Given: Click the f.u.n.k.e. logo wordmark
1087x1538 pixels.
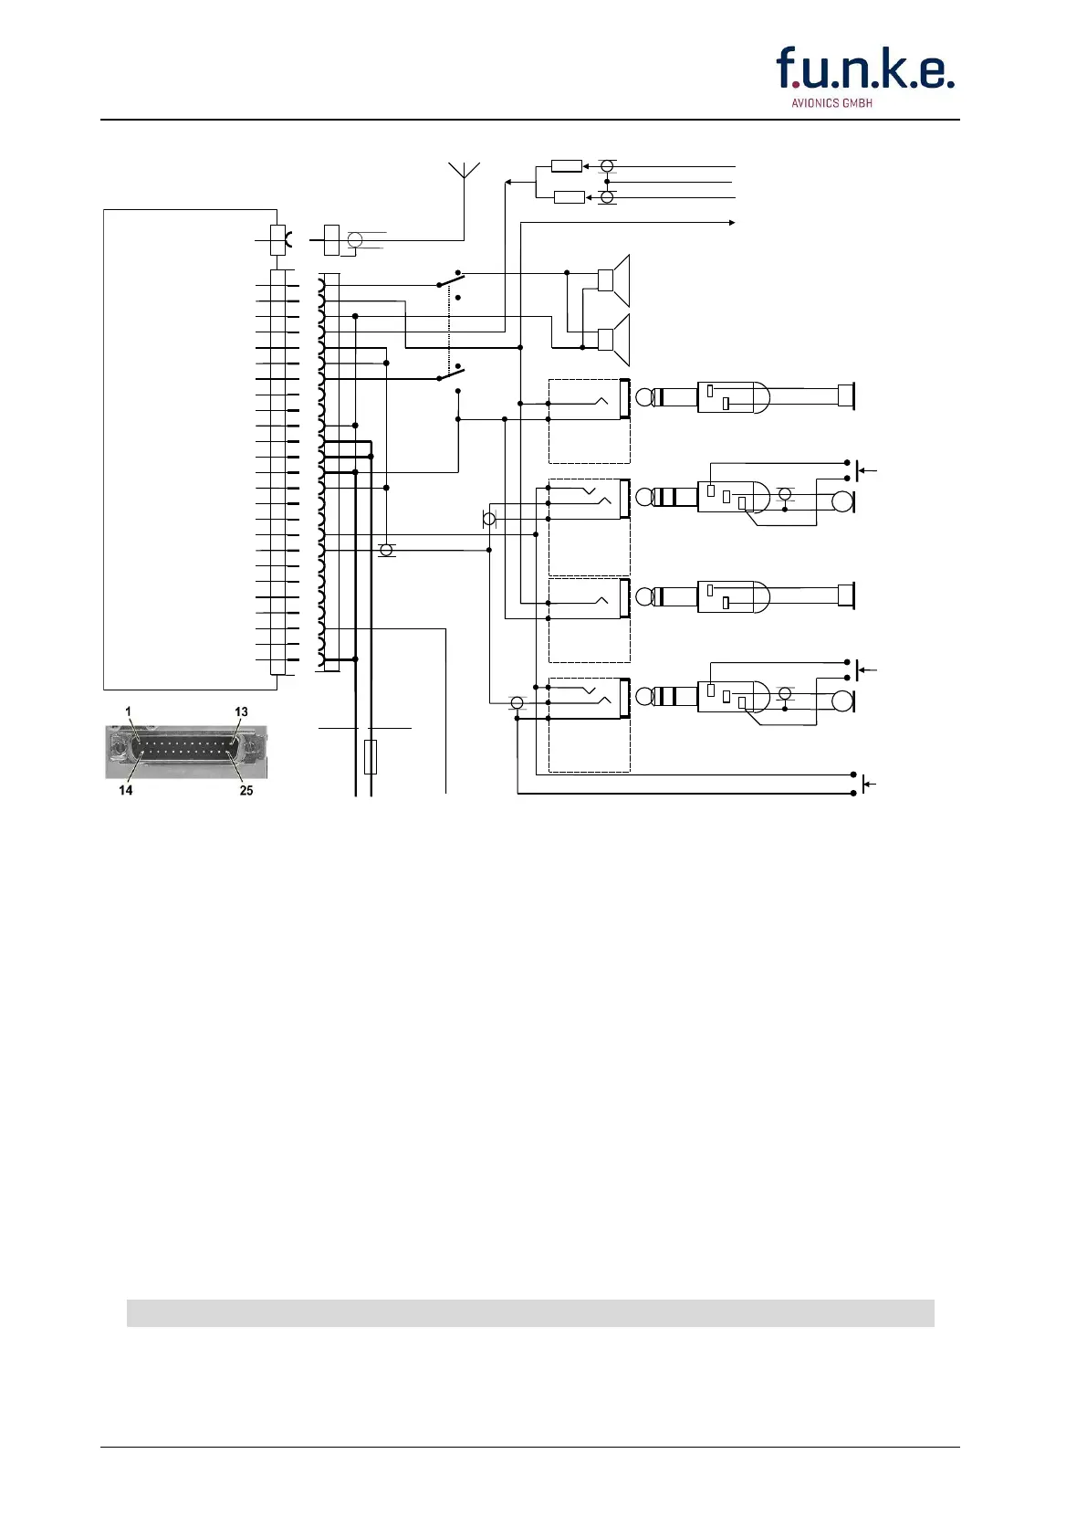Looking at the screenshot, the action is [864, 69].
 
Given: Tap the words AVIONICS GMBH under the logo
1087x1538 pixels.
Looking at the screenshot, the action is [831, 103].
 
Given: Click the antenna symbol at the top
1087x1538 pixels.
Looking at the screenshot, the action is [465, 172].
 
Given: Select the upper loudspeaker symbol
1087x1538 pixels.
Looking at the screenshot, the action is [613, 280].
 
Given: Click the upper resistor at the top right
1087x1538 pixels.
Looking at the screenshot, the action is [567, 166].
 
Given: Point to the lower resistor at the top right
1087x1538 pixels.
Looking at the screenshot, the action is [570, 197].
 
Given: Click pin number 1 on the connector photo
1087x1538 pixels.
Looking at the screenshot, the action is [129, 712].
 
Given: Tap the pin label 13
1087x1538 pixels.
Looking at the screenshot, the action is [241, 712].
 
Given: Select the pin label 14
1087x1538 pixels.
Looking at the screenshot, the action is [126, 790].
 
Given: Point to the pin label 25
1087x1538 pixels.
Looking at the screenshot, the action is [246, 790].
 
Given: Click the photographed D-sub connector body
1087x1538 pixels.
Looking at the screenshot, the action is [186, 751].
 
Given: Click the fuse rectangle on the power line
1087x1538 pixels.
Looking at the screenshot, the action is [371, 757].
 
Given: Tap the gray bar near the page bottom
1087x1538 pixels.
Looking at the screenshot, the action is [530, 1312].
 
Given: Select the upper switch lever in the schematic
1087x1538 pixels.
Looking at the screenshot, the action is [451, 279].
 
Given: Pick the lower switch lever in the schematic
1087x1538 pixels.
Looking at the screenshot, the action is [451, 373].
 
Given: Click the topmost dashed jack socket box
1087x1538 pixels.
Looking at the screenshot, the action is [589, 421].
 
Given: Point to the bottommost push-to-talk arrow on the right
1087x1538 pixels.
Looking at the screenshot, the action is [870, 785].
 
